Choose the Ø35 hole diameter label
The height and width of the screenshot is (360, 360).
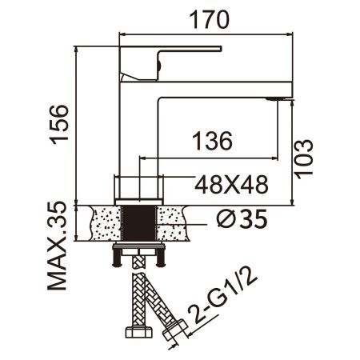(240, 218)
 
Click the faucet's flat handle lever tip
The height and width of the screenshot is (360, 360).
(212, 50)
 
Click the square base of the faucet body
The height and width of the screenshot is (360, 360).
(141, 188)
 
